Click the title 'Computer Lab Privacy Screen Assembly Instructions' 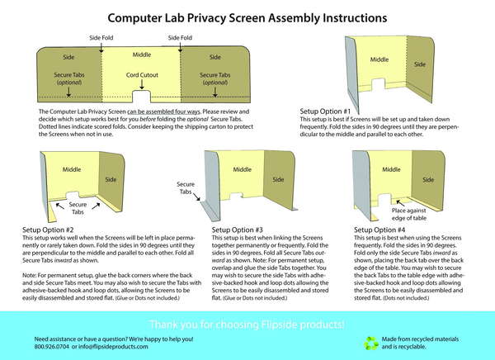247,17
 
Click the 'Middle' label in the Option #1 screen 379,59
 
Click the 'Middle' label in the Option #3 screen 242,168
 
